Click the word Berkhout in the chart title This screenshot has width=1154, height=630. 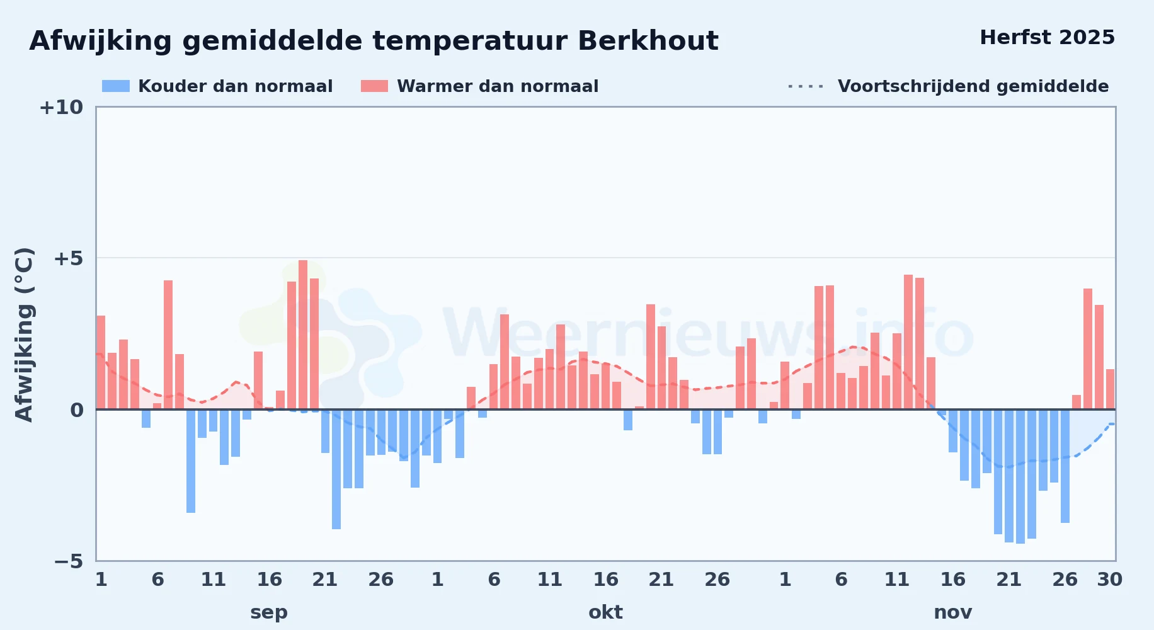tap(648, 41)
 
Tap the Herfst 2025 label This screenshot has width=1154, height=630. tap(1047, 38)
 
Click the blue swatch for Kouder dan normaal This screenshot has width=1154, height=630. tap(116, 86)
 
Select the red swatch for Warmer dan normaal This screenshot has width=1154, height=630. tap(374, 86)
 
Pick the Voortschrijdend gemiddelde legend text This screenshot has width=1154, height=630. tap(973, 86)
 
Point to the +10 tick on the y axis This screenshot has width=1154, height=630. tap(61, 107)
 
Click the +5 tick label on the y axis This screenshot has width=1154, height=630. tap(68, 258)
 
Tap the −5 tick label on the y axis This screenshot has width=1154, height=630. tap(69, 561)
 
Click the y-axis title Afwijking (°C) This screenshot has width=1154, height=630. tap(24, 335)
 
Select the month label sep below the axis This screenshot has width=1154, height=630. tap(269, 612)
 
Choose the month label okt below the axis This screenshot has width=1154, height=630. tap(605, 612)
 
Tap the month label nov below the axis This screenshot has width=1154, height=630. tap(952, 612)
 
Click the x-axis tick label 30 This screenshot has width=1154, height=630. tap(1109, 580)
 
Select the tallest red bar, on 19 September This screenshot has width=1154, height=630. tap(303, 335)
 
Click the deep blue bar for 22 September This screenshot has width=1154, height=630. tap(336, 469)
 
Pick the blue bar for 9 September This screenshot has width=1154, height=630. tap(191, 461)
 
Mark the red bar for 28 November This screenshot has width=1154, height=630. tap(1088, 349)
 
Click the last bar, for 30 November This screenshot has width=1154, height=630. tap(1110, 389)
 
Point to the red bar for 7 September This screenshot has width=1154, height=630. tap(168, 345)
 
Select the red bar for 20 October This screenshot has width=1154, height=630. tap(651, 357)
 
